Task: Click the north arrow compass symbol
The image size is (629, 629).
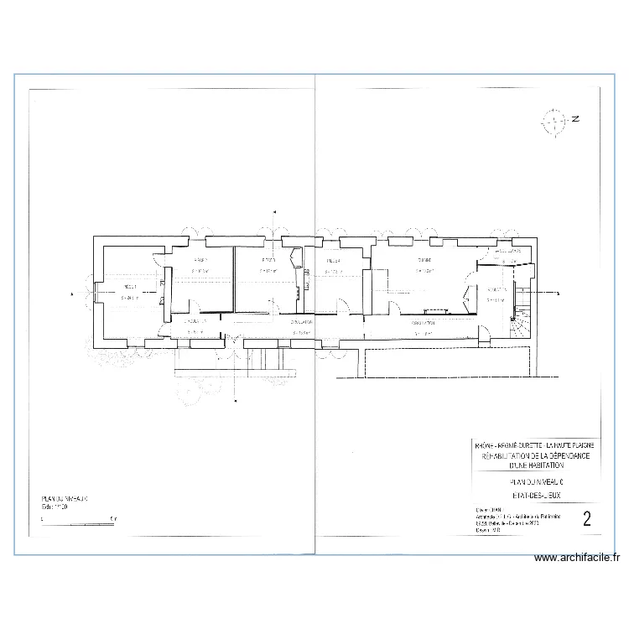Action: (x=555, y=121)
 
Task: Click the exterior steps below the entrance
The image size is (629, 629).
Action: (x=260, y=358)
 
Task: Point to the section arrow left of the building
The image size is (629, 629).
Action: (x=73, y=294)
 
